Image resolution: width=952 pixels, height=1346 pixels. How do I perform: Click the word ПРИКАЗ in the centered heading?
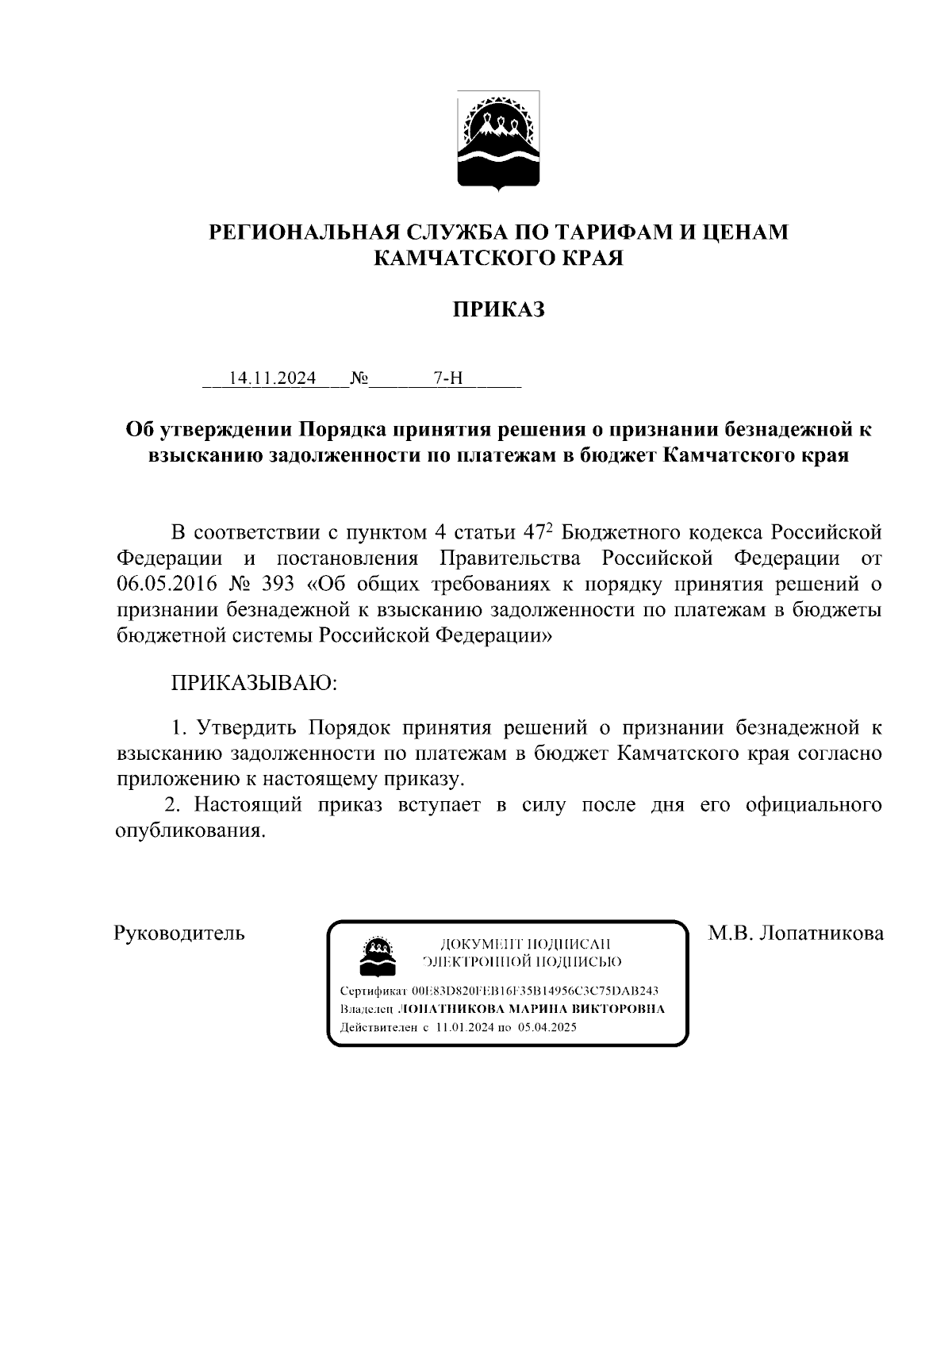coord(498,309)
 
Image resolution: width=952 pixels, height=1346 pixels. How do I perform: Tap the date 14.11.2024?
coord(273,378)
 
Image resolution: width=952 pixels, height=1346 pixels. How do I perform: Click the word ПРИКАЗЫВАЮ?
coord(254,682)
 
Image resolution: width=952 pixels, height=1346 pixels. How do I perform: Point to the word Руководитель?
coord(180,933)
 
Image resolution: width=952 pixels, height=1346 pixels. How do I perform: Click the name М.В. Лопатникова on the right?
coord(796,933)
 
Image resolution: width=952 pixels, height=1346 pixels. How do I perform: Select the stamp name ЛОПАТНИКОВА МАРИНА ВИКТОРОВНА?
coord(530,1009)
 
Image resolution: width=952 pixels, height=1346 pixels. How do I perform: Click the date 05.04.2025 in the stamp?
coord(547,1026)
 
